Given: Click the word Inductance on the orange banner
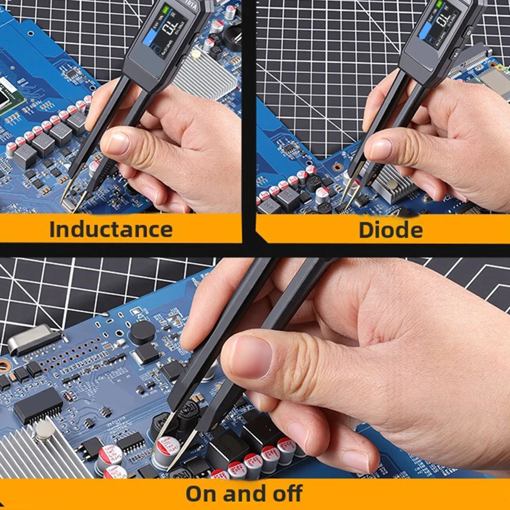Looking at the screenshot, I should tap(111, 229).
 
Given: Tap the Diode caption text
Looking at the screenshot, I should tap(390, 229).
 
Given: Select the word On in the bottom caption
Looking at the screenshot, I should tap(203, 494).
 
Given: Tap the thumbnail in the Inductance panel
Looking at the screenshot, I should tap(118, 144).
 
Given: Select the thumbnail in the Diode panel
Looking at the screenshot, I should tap(382, 149).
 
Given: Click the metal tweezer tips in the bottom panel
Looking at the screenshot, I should tap(168, 448).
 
